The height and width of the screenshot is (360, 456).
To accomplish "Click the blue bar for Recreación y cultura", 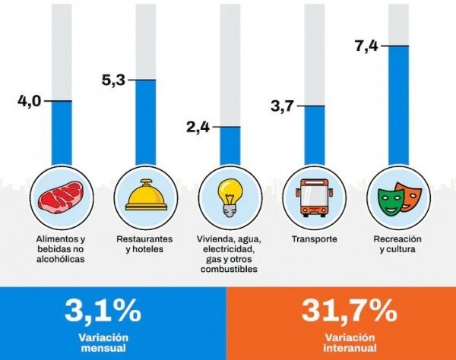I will tap(399, 106).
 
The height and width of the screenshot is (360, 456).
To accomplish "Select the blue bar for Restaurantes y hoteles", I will tap(147, 122).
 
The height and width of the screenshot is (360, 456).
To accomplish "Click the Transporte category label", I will tap(315, 239).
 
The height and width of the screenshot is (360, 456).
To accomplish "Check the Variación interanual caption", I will tap(349, 343).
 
